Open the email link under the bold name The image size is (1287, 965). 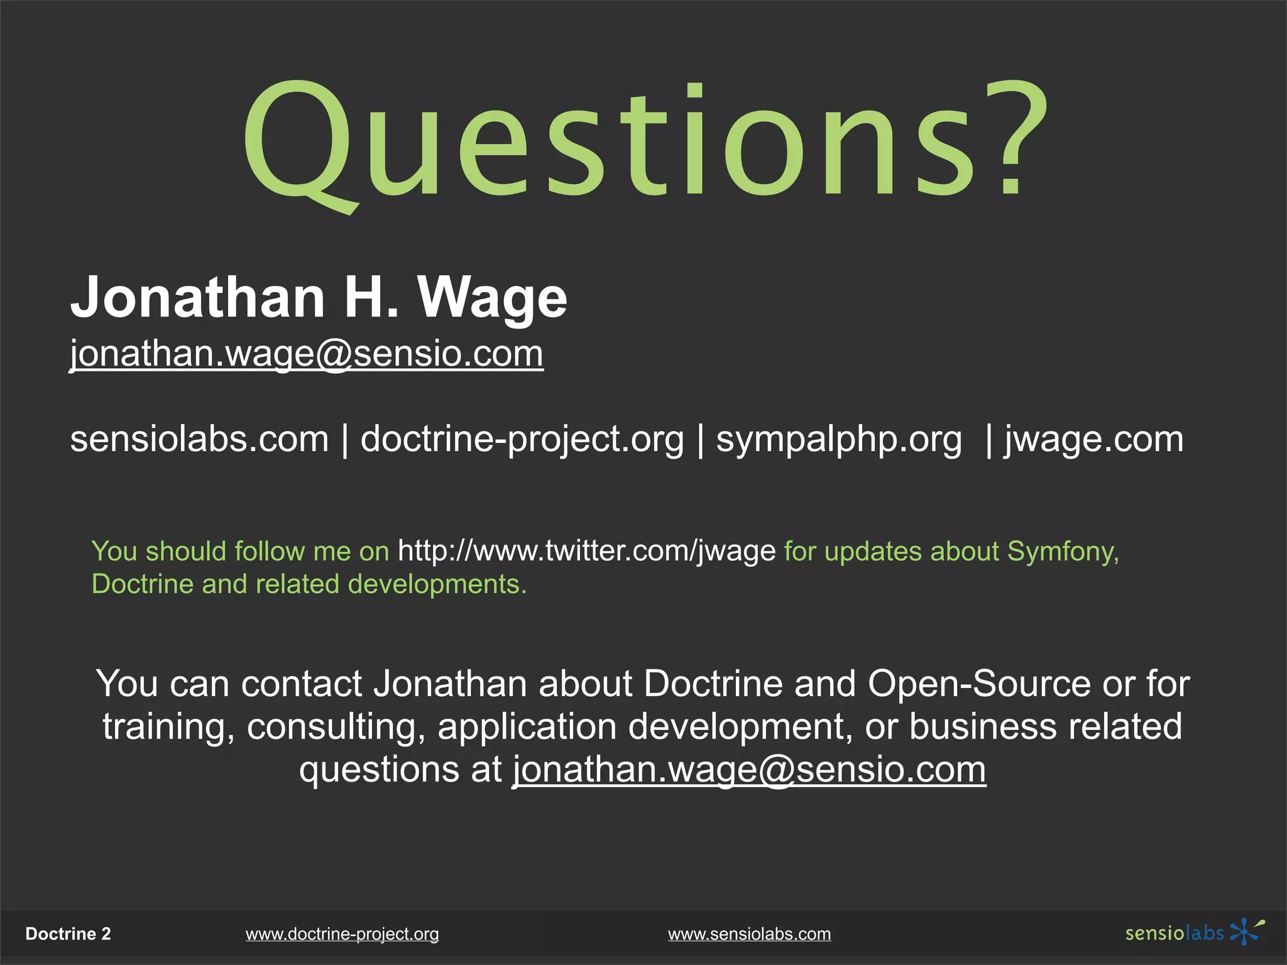tap(307, 354)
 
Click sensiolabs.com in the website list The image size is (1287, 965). tap(199, 439)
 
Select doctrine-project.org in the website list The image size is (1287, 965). tap(522, 439)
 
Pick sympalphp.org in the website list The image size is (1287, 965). tap(839, 439)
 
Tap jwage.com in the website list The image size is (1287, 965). tap(1094, 439)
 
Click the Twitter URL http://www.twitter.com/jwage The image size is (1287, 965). tap(587, 551)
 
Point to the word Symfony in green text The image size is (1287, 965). tap(1063, 552)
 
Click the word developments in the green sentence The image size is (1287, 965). tap(437, 584)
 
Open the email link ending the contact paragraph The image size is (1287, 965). tap(749, 769)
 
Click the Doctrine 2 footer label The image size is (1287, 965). tap(68, 934)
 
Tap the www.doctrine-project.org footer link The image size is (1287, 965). tap(342, 934)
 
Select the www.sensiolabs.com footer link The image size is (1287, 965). tap(749, 934)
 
